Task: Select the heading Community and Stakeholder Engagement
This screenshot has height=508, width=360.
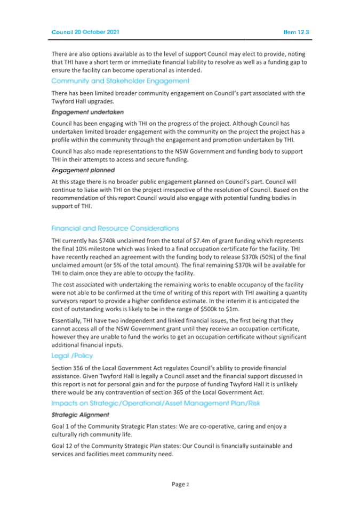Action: coord(120,81)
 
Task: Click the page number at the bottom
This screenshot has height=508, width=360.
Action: coord(180,485)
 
